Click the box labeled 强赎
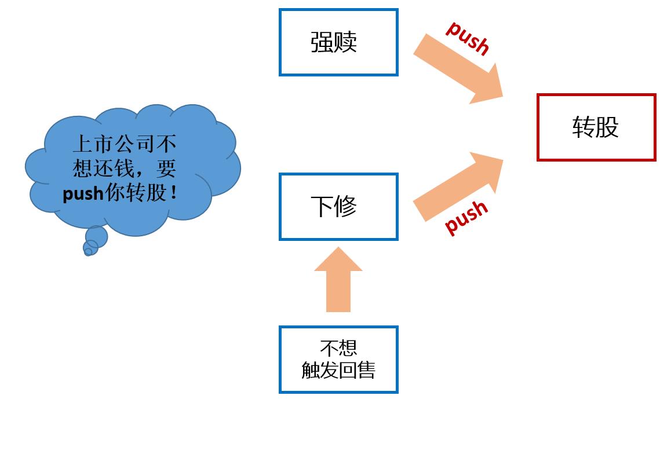pyautogui.click(x=338, y=42)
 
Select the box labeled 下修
pyautogui.click(x=338, y=207)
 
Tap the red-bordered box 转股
pyautogui.click(x=596, y=127)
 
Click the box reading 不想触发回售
pyautogui.click(x=338, y=360)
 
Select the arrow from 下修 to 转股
pyautogui.click(x=458, y=186)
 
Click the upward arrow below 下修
pyautogui.click(x=338, y=281)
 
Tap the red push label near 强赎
pyautogui.click(x=468, y=37)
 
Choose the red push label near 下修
pyautogui.click(x=466, y=217)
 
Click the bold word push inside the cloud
pyautogui.click(x=83, y=193)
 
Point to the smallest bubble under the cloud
pyautogui.click(x=88, y=252)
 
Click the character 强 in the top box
pyautogui.click(x=322, y=42)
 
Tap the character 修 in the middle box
pyautogui.click(x=346, y=207)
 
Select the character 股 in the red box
pyautogui.click(x=607, y=127)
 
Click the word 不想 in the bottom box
pyautogui.click(x=338, y=347)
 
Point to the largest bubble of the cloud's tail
pyautogui.click(x=97, y=237)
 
